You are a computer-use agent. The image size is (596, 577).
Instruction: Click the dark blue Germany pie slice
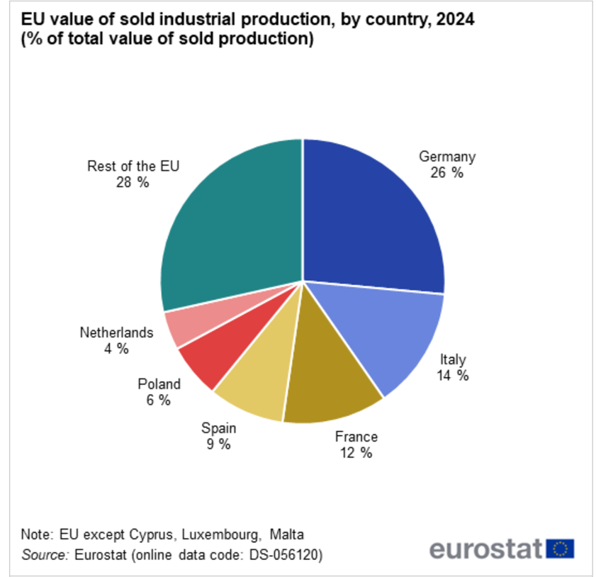369,213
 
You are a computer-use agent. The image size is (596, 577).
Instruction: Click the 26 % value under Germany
446,172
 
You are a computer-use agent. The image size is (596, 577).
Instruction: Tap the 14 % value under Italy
454,376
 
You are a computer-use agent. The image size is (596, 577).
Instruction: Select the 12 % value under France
356,453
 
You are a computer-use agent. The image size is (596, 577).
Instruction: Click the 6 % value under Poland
159,400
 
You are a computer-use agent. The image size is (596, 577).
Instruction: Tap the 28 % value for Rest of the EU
133,182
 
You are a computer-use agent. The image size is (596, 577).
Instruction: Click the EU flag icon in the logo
561,549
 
